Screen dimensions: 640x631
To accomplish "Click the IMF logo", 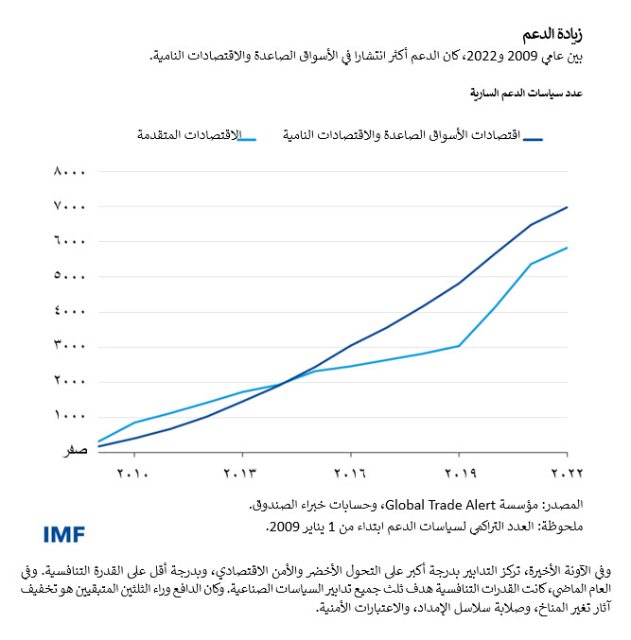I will (x=64, y=534).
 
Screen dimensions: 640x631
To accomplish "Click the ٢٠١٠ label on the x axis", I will (x=132, y=472).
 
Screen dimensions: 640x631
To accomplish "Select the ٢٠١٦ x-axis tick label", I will (x=350, y=472).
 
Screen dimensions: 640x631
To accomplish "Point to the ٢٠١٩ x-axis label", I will (x=460, y=472).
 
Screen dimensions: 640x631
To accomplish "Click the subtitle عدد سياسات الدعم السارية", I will (x=526, y=95).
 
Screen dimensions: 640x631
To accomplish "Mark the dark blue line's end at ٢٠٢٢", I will (x=568, y=206).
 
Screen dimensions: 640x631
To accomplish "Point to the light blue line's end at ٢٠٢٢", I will (x=568, y=248).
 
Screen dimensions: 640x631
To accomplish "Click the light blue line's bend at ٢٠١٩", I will (x=460, y=345).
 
